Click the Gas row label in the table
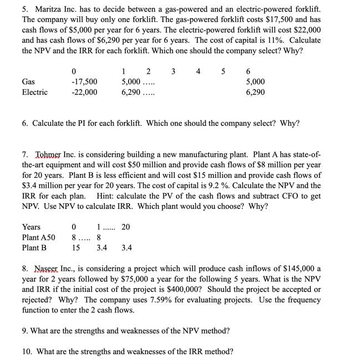point(28,81)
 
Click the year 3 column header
point(173,71)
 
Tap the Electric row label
point(34,92)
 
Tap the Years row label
point(31,227)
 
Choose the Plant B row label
point(34,248)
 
